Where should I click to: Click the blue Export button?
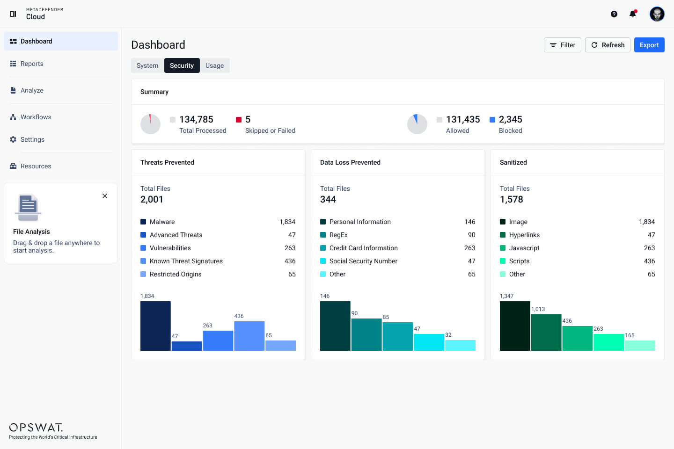[649, 45]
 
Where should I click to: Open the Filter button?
[562, 45]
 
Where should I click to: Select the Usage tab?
[214, 65]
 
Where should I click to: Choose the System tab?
[147, 65]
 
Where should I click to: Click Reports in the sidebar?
[32, 64]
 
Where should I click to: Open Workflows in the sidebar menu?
[36, 117]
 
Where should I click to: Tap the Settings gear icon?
[13, 139]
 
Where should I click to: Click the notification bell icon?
[633, 14]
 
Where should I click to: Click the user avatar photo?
[657, 14]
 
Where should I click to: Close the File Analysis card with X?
[105, 196]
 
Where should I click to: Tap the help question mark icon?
[614, 14]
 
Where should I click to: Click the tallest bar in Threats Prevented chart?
[155, 326]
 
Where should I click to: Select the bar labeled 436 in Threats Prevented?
[249, 336]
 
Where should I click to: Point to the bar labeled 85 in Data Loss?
[397, 336]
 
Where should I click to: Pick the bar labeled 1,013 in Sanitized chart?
[546, 333]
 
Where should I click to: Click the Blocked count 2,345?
[510, 119]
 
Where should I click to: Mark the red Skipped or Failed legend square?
[239, 120]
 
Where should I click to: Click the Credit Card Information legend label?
[363, 248]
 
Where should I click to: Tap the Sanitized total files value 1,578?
[511, 199]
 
